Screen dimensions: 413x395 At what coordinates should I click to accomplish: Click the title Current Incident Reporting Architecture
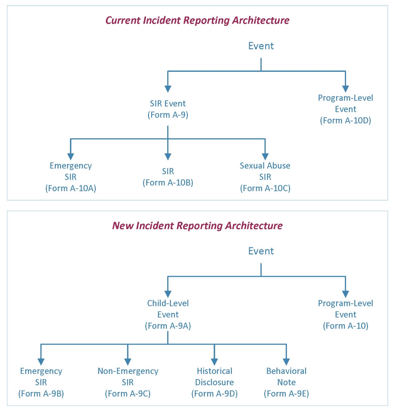(x=197, y=20)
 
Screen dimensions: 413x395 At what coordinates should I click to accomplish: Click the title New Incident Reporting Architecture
(x=197, y=226)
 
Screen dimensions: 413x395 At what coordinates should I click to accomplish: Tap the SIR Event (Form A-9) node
(x=168, y=109)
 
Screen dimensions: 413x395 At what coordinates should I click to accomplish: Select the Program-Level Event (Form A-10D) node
(x=345, y=109)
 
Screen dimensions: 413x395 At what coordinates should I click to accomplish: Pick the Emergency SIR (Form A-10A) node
(x=71, y=177)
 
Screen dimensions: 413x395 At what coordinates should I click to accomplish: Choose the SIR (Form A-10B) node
(x=168, y=177)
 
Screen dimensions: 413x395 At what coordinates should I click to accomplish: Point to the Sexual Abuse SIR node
(x=265, y=177)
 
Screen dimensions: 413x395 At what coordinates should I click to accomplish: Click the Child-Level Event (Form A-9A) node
(x=168, y=314)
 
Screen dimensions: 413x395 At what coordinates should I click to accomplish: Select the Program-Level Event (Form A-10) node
(x=345, y=314)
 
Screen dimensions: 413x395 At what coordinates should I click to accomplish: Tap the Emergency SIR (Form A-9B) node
(x=41, y=382)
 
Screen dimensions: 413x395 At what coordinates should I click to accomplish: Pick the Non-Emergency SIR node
(x=128, y=382)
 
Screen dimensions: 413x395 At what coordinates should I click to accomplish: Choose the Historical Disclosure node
(x=215, y=382)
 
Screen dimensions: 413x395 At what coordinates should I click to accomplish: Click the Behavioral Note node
(x=286, y=382)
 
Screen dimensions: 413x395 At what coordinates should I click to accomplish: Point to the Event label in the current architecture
(x=261, y=46)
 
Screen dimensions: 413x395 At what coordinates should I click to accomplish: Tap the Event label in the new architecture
(x=261, y=251)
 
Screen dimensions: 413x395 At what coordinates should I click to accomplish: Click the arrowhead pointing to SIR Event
(x=168, y=89)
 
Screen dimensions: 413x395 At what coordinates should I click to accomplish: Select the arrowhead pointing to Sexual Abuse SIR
(x=265, y=156)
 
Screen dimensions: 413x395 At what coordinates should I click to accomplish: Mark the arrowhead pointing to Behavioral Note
(x=286, y=362)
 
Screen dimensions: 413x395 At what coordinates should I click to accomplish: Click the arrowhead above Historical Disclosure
(x=215, y=362)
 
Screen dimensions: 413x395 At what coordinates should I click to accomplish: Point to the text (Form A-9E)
(x=286, y=394)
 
